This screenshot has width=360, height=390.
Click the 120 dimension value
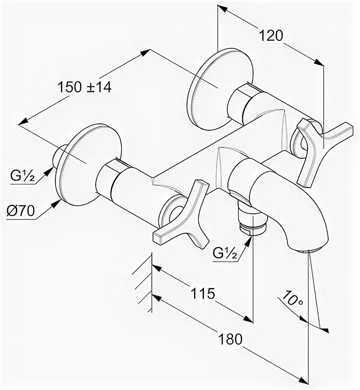pos(270,36)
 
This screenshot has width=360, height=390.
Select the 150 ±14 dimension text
pos(84,87)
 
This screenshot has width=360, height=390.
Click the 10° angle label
pos(293,298)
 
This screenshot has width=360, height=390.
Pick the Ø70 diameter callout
pos(21,211)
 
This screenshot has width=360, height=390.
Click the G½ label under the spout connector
pos(224,254)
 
